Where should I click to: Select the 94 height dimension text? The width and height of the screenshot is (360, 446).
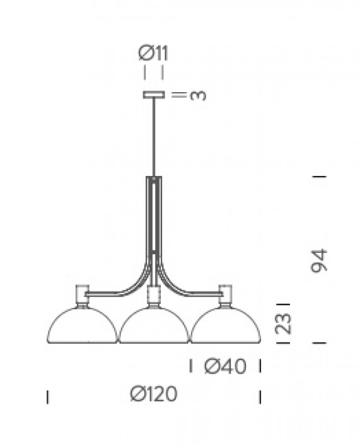coord(320,262)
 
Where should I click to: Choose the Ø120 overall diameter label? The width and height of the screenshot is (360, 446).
coord(154,394)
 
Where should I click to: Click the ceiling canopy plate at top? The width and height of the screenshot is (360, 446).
coord(154,95)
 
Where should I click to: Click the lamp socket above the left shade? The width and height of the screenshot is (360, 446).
coord(82,295)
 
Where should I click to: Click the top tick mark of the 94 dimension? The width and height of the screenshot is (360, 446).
coord(320,177)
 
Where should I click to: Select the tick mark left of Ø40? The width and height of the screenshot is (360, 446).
coord(192,365)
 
